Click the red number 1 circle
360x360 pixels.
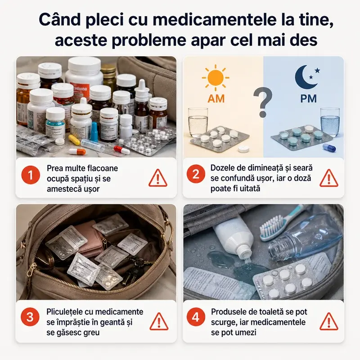(31, 175)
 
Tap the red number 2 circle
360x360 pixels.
(196, 174)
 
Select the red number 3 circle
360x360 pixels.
(30, 317)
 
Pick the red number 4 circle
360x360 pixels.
(196, 317)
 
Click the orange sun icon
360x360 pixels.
(216, 78)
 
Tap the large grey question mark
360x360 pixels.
(263, 102)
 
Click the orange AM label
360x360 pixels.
(216, 99)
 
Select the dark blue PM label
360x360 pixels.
(308, 99)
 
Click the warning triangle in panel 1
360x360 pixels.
(158, 178)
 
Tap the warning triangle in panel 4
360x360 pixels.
(329, 321)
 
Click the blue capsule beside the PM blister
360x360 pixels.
(329, 148)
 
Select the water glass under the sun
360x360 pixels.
(198, 122)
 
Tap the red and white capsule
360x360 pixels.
(122, 150)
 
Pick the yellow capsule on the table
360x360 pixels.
(74, 140)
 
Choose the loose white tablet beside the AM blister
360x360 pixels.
(244, 149)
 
